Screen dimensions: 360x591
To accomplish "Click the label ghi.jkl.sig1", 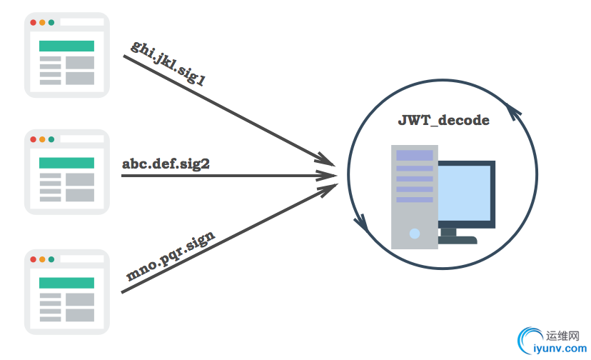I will (x=168, y=64).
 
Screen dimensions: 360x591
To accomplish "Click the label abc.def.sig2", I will (x=166, y=164).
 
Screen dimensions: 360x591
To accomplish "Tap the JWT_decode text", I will (x=444, y=120).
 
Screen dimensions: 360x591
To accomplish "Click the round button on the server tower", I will (x=414, y=233).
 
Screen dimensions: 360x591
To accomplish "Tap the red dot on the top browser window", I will (x=34, y=22).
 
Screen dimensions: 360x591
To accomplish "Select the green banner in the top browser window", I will (x=66, y=46).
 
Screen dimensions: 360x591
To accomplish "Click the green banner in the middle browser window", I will (x=66, y=163).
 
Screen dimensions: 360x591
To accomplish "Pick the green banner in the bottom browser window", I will (x=66, y=283).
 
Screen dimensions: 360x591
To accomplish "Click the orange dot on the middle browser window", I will (x=43, y=139).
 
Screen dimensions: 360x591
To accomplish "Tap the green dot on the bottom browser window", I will (x=51, y=259).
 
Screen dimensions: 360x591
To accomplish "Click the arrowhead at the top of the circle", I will (x=514, y=110).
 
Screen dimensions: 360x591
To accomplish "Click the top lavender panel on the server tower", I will (x=414, y=155).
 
